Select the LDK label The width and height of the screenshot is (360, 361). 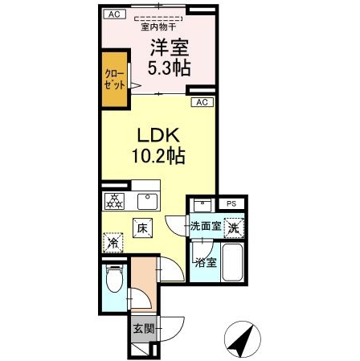158,133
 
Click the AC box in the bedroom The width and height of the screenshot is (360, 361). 113,14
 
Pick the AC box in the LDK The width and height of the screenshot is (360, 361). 202,102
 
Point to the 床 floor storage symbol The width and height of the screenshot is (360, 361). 142,228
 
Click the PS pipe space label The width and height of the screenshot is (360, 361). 231,204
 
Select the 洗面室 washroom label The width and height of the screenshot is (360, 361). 206,227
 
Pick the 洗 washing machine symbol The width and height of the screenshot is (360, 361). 233,227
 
